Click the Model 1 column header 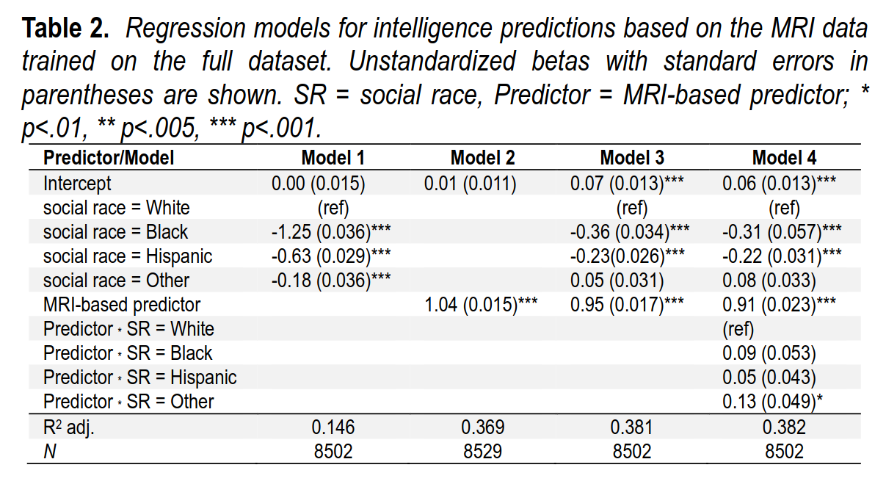333,158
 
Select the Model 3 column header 632,158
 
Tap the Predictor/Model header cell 109,158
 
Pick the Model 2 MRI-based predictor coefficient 481,304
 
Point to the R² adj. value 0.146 333,427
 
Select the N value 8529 482,451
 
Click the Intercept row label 77,183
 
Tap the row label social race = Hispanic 128,256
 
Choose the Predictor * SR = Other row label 128,402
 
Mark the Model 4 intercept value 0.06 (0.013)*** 780,183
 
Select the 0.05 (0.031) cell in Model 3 617,281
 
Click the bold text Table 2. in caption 66,29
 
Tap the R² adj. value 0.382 785,427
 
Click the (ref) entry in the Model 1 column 332,207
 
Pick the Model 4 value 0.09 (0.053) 769,353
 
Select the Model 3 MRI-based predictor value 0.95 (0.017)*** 629,304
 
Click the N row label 49,452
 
